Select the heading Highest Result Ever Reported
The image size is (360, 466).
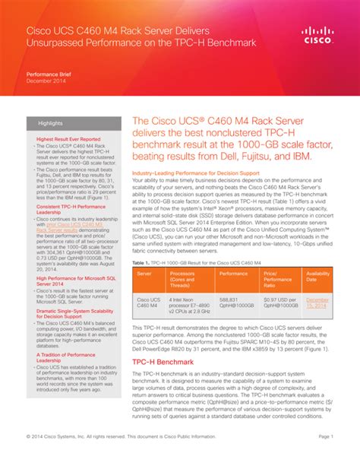point(68,140)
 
